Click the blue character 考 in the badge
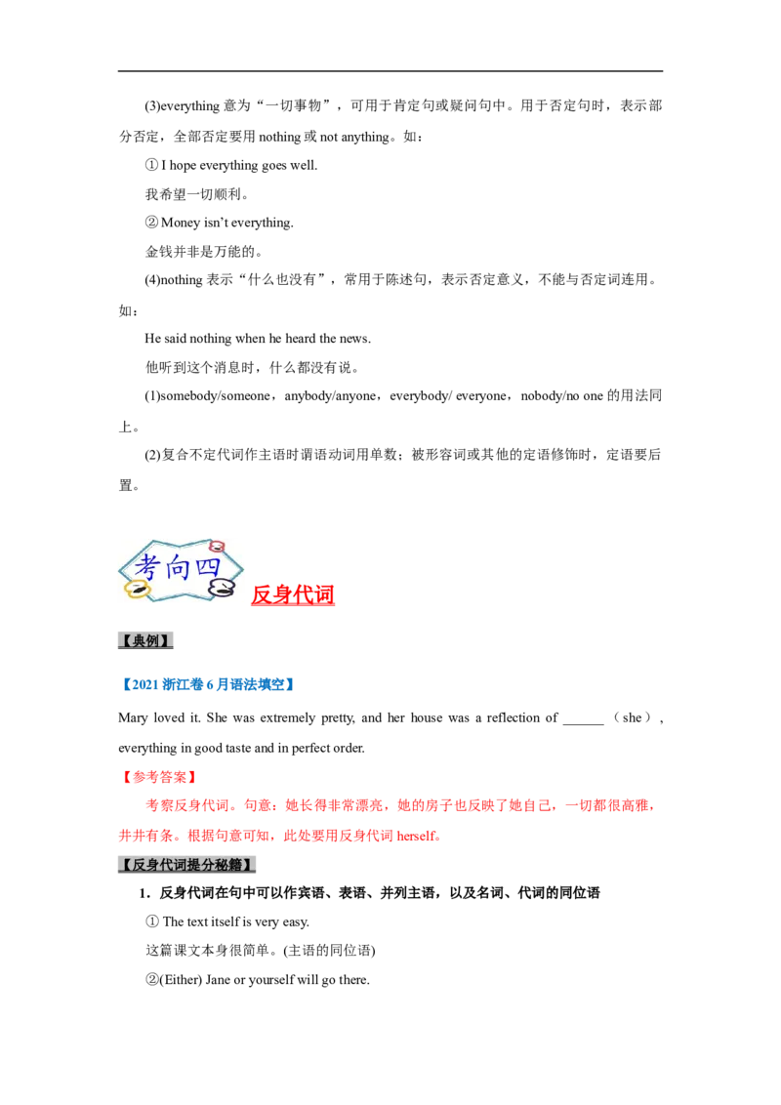click(x=147, y=567)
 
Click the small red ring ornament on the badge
click(x=217, y=547)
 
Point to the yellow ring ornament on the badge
click(x=136, y=590)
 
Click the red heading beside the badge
click(x=293, y=593)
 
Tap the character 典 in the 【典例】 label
click(x=141, y=641)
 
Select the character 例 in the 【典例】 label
click(x=157, y=641)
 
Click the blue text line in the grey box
click(x=206, y=684)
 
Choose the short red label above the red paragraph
click(x=157, y=778)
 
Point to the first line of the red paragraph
click(x=398, y=806)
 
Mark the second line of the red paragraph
click(x=281, y=836)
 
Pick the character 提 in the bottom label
click(x=202, y=865)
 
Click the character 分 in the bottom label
click(x=218, y=865)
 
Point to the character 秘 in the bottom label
click(x=233, y=865)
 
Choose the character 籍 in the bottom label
click(x=248, y=865)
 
